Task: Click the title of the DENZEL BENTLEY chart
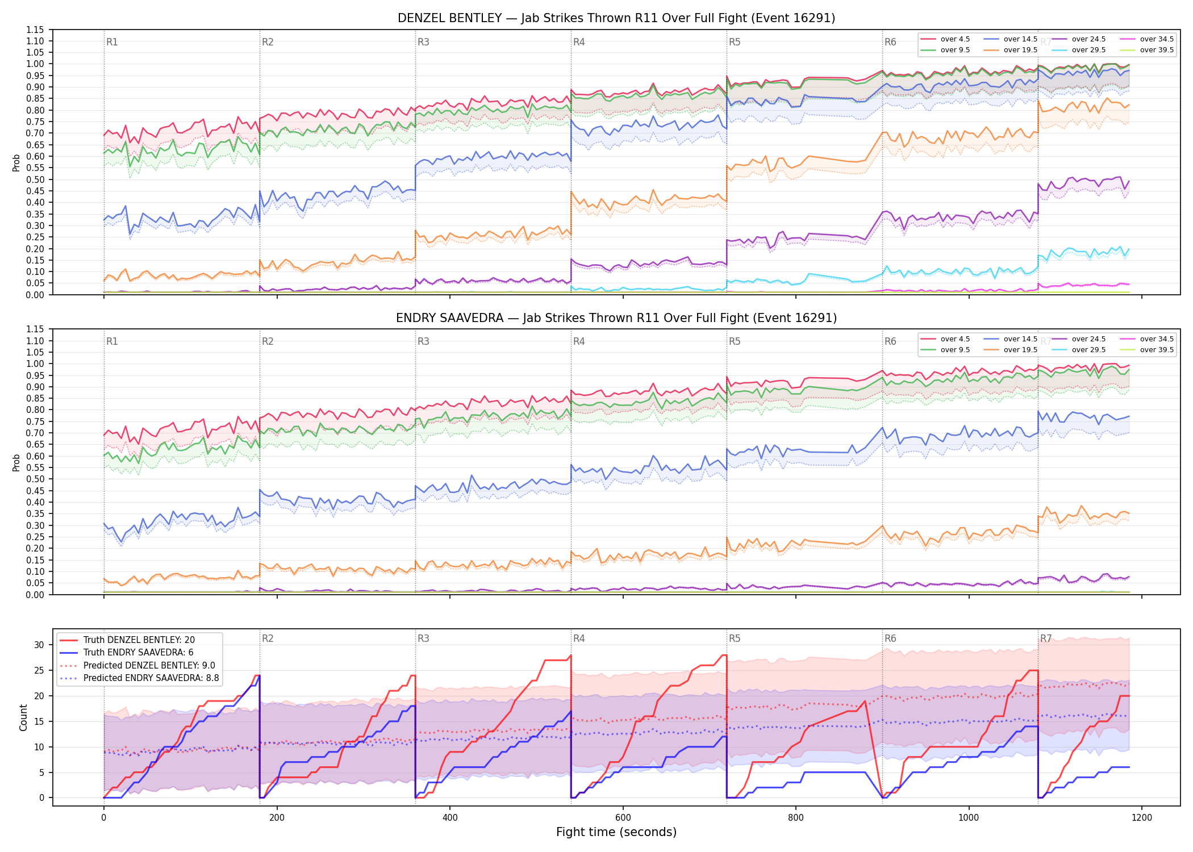(x=616, y=18)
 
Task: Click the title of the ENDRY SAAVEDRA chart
(x=616, y=318)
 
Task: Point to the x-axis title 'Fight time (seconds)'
(x=616, y=832)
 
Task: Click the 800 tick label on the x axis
(x=795, y=818)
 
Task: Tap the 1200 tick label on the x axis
(x=1141, y=818)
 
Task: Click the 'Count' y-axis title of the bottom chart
(x=23, y=717)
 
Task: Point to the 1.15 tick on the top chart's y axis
(x=35, y=30)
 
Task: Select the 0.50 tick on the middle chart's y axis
(x=35, y=479)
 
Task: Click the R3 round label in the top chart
(x=423, y=42)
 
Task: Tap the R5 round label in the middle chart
(x=735, y=341)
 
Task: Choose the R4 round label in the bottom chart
(x=579, y=638)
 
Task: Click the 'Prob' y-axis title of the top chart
(x=16, y=162)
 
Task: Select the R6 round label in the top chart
(x=890, y=42)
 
